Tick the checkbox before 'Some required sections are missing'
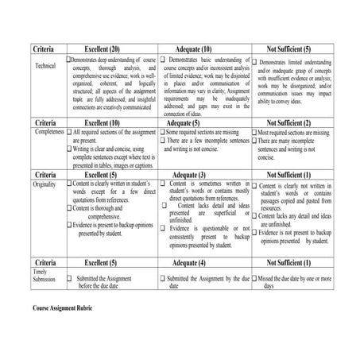click(x=163, y=132)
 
